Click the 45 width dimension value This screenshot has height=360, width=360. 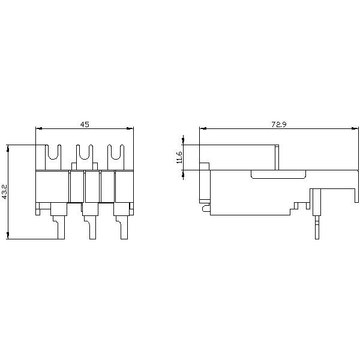pyautogui.click(x=85, y=124)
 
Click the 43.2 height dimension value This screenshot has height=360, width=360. pyautogui.click(x=5, y=192)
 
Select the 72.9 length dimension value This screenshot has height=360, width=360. pyautogui.click(x=279, y=124)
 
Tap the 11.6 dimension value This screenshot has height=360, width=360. pyautogui.click(x=179, y=157)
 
